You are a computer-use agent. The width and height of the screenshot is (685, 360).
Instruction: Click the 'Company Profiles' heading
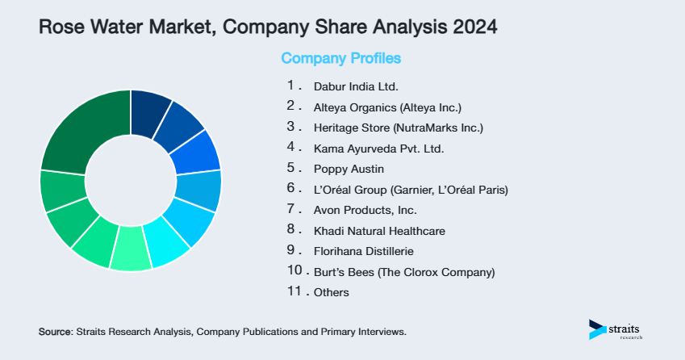340,58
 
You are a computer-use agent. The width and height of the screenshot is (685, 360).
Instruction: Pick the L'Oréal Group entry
410,190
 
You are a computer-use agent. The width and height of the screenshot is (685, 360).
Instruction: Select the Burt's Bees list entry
403,272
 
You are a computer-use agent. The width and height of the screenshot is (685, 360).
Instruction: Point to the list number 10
294,271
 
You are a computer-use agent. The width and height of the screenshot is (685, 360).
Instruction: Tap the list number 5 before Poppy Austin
290,168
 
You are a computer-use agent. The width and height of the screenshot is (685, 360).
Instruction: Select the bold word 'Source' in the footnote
55,332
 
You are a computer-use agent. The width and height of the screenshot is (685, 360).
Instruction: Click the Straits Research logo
616,329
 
